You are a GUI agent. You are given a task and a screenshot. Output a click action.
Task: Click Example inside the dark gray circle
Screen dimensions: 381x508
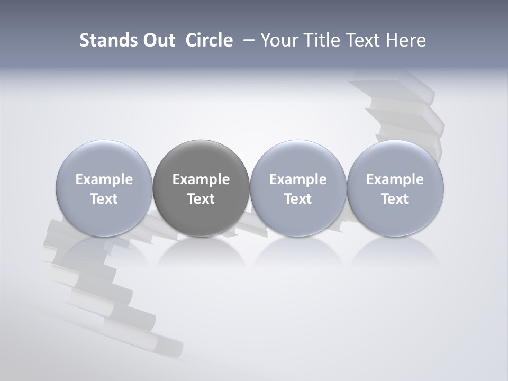click(201, 179)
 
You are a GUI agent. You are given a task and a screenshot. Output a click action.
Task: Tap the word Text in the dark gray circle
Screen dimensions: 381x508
click(201, 199)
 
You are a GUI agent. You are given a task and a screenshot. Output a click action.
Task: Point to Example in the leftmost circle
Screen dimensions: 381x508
click(104, 179)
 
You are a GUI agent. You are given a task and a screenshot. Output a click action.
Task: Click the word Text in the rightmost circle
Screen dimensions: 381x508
click(395, 199)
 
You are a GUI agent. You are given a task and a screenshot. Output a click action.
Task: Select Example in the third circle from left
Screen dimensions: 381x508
click(298, 179)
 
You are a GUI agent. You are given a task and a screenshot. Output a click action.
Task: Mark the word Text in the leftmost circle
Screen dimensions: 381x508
click(104, 199)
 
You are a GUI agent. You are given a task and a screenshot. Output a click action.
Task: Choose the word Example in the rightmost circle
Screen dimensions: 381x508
click(395, 179)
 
